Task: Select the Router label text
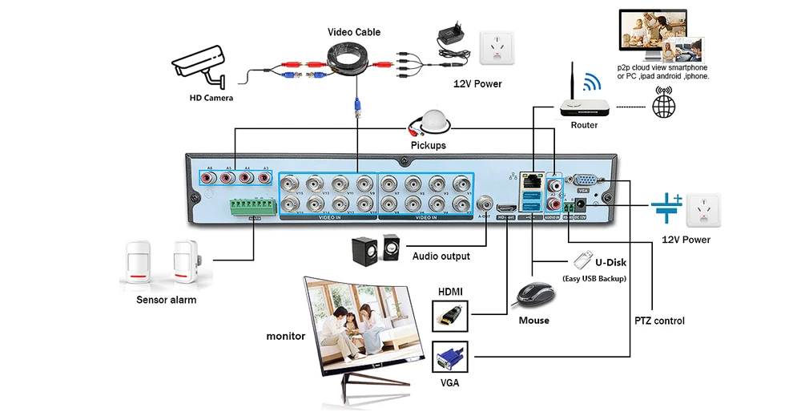(x=584, y=125)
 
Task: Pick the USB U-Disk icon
(x=582, y=260)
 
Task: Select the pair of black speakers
(x=375, y=248)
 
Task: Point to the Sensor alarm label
(x=167, y=300)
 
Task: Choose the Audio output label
(x=441, y=256)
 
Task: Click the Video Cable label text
(x=354, y=32)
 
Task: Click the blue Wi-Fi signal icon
(x=591, y=82)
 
